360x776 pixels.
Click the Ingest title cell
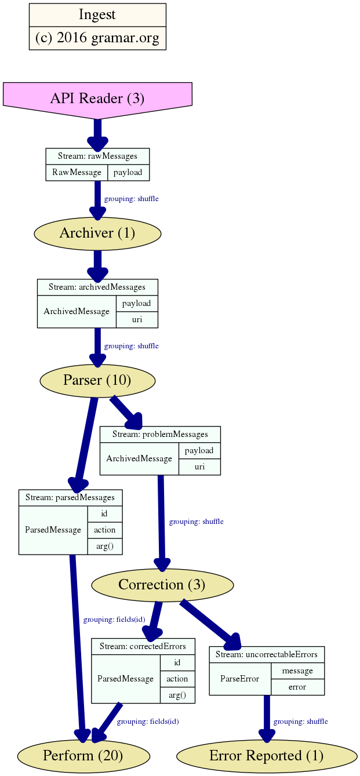97,15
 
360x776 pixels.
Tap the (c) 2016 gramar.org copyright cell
97,38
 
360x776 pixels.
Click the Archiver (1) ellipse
97,234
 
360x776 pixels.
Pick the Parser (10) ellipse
97,380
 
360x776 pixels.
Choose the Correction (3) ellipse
162,584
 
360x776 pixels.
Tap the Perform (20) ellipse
83,755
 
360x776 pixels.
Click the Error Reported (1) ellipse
266,755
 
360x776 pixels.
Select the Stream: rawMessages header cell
97,156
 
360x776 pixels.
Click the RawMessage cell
77,172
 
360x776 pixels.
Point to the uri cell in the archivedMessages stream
137,319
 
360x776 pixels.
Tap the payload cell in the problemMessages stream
199,450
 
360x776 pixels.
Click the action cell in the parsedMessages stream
105,530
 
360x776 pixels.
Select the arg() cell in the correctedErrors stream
177,695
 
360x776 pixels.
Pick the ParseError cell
240,679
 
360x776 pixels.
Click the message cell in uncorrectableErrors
297,671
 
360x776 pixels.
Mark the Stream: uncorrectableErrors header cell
267,654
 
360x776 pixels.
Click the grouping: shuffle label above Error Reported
300,722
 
